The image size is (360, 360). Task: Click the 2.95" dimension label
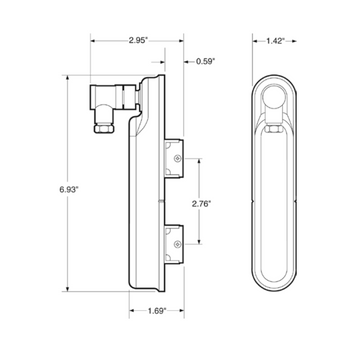(x=138, y=41)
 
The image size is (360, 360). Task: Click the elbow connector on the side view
(x=112, y=97)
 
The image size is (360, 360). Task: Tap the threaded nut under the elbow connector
(x=104, y=127)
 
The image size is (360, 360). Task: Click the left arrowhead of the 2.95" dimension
(x=93, y=41)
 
